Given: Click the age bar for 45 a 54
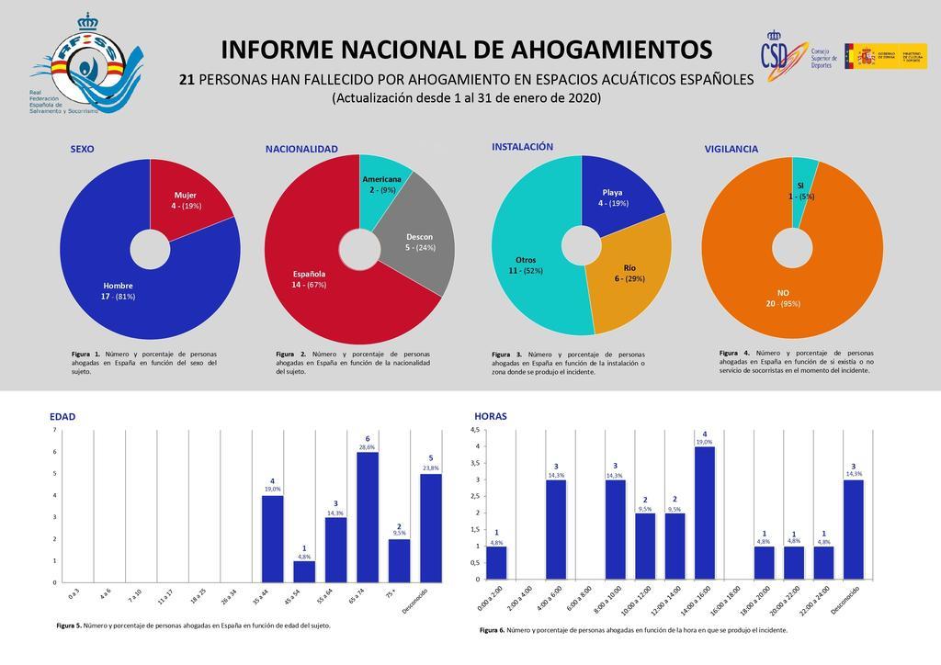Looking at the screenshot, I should point(304,571).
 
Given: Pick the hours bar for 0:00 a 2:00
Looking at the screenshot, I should point(496,562).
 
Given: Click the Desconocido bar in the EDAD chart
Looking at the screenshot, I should point(431,528).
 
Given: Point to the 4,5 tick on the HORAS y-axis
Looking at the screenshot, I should point(475,430).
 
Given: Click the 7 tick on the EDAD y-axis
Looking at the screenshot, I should point(54,430).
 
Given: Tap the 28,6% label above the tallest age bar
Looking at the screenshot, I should point(368,446).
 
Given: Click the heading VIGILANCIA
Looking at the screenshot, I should point(731,148).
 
